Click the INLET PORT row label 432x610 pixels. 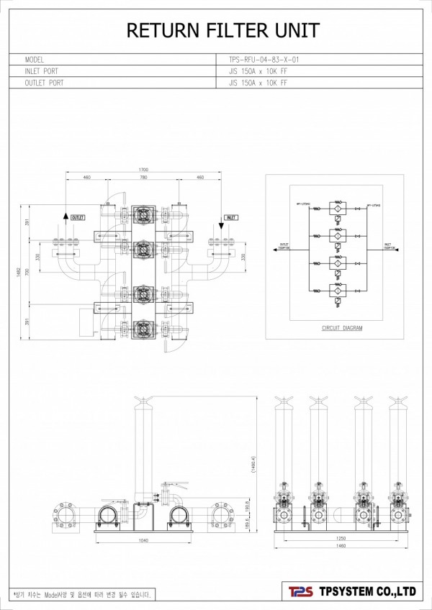pos(41,71)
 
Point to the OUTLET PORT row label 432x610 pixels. pos(44,83)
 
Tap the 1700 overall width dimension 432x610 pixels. pos(143,170)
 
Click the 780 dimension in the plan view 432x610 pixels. pos(143,177)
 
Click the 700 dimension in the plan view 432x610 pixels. pos(28,273)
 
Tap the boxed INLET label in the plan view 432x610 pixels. pos(231,217)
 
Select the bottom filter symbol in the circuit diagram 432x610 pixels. pos(335,289)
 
